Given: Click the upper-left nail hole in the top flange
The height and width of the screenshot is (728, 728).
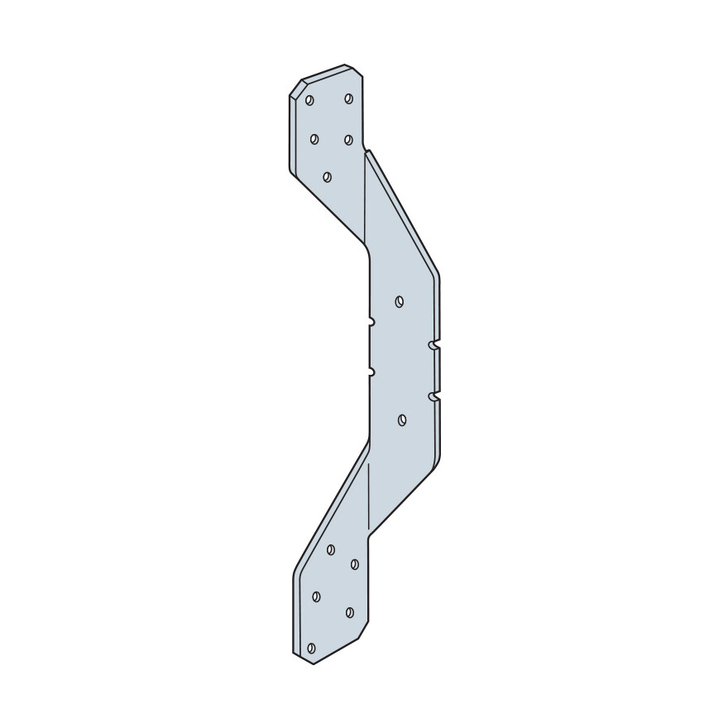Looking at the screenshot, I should (x=309, y=100).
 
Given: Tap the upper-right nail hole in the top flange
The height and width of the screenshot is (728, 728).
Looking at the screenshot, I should (x=348, y=98).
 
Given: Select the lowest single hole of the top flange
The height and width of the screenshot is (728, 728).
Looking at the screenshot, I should (x=328, y=176).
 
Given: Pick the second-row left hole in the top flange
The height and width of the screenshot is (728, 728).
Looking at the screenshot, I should (x=314, y=139).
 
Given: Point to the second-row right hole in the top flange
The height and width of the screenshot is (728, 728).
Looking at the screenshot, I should (x=348, y=139).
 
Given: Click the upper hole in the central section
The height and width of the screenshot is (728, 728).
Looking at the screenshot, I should (x=400, y=301).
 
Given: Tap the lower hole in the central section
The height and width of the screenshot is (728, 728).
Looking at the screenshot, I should (x=401, y=420).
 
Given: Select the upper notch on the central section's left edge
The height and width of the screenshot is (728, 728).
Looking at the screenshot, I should (x=371, y=321).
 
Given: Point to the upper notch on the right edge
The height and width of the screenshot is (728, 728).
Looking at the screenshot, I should (x=433, y=343).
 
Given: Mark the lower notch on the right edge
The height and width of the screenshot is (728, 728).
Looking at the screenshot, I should (x=433, y=398).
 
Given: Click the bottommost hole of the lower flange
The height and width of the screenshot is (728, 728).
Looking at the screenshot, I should (x=311, y=649).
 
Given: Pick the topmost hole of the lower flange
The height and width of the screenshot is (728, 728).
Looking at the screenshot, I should (x=331, y=549).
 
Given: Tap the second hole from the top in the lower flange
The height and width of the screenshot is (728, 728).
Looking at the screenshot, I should (x=354, y=564).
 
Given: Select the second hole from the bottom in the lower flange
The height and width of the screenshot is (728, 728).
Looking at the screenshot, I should (x=349, y=613).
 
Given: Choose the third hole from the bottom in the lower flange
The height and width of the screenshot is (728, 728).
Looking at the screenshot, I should (x=316, y=596).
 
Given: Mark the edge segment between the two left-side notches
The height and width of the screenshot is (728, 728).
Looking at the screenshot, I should (x=370, y=347).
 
